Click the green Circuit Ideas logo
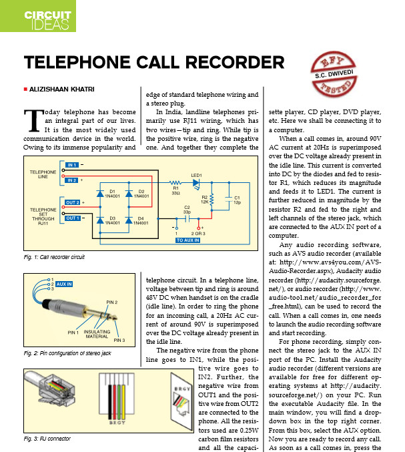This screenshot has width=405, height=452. pos(38,16)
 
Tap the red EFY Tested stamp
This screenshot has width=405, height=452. pos(334,74)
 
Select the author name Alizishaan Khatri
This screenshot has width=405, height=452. pos(61,89)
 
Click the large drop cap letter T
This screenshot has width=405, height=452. pos(33,120)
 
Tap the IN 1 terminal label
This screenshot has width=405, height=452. pos(71,165)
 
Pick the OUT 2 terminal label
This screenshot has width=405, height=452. pos(72,202)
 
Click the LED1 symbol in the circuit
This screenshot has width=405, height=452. pos(196,183)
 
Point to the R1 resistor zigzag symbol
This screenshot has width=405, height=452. pos(175,182)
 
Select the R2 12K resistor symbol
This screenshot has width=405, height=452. pos(212,200)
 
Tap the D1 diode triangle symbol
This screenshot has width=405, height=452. pos(100,194)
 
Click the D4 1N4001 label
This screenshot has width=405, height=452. pos(141,220)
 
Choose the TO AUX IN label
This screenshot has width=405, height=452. pos(187,240)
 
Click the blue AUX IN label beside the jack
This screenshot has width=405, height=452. pos(64,284)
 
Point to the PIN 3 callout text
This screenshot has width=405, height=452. pos(119,340)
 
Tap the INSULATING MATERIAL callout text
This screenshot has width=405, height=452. pos(97,334)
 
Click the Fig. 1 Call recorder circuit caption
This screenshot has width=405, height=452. pos(54,257)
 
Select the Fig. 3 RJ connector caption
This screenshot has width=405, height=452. pos(47,439)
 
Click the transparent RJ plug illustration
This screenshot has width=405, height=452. pos(50,389)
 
